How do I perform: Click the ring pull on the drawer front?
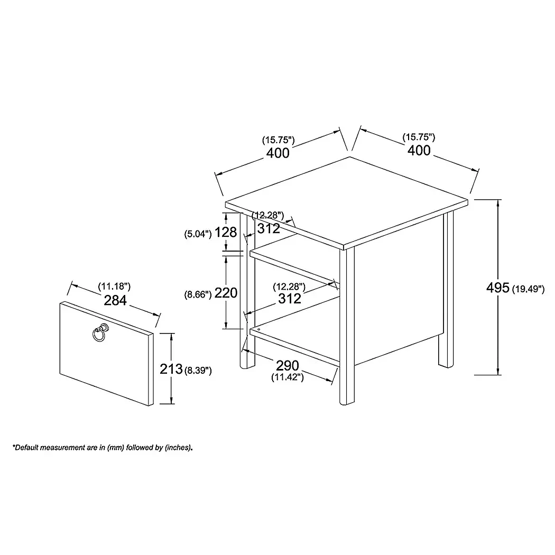pyautogui.click(x=100, y=332)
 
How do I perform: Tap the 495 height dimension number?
pyautogui.click(x=498, y=288)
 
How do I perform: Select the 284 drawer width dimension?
pyautogui.click(x=115, y=300)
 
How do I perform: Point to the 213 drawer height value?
pyautogui.click(x=171, y=369)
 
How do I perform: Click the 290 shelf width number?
pyautogui.click(x=288, y=365)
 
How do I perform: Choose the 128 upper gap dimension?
pyautogui.click(x=226, y=232)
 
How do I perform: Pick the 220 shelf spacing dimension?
pyautogui.click(x=226, y=293)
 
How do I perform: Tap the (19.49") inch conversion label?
pyautogui.click(x=529, y=289)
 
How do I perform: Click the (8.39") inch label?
pyautogui.click(x=198, y=371)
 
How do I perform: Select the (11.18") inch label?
pyautogui.click(x=114, y=286)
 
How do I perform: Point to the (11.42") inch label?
pyautogui.click(x=288, y=377)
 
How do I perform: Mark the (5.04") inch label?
pyautogui.click(x=198, y=234)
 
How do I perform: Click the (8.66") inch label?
pyautogui.click(x=198, y=294)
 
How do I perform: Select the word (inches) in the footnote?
pyautogui.click(x=178, y=447)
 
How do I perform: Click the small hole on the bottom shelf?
pyautogui.click(x=259, y=329)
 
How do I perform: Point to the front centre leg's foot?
pyautogui.click(x=347, y=402)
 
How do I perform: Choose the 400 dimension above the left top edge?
pyautogui.click(x=278, y=153)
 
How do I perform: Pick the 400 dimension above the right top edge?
pyautogui.click(x=419, y=151)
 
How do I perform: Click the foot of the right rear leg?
pyautogui.click(x=446, y=365)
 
